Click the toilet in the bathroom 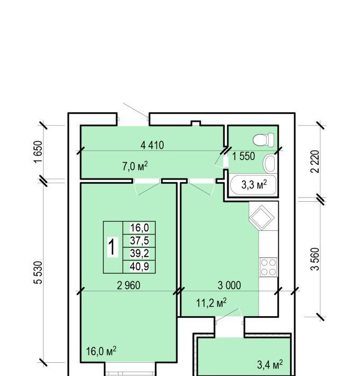pyautogui.click(x=264, y=140)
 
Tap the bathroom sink pyautogui.click(x=270, y=164)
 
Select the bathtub pyautogui.click(x=253, y=185)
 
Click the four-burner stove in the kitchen pyautogui.click(x=268, y=267)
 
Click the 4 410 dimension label pyautogui.click(x=152, y=145)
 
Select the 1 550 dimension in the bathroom pyautogui.click(x=243, y=156)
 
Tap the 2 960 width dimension pyautogui.click(x=129, y=285)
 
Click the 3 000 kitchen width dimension pyautogui.click(x=229, y=285)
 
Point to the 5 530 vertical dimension pyautogui.click(x=38, y=272)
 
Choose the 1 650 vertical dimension pyautogui.click(x=38, y=152)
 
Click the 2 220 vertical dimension pyautogui.click(x=315, y=162)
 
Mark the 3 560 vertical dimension pyautogui.click(x=315, y=259)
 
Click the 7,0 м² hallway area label pyautogui.click(x=135, y=166)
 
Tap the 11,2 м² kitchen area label pyautogui.click(x=212, y=302)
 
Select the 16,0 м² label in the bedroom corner pyautogui.click(x=101, y=351)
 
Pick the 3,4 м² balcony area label pyautogui.click(x=270, y=364)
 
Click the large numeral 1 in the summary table pyautogui.click(x=112, y=247)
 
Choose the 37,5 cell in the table pyautogui.click(x=139, y=240)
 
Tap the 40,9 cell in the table pyautogui.click(x=139, y=266)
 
